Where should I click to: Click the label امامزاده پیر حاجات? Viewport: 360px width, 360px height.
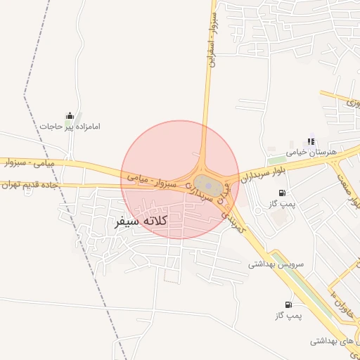(x=70, y=127)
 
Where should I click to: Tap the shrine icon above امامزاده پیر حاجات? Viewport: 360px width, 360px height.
(x=70, y=115)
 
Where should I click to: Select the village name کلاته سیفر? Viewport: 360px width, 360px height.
(x=141, y=221)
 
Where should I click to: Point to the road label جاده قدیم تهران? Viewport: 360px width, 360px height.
(x=29, y=185)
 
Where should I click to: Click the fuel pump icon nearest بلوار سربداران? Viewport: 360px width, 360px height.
(x=282, y=193)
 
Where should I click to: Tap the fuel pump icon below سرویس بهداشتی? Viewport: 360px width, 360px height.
(x=288, y=304)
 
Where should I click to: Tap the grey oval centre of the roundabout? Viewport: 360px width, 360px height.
(x=207, y=186)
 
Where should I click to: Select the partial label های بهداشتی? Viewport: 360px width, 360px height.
(x=334, y=341)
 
